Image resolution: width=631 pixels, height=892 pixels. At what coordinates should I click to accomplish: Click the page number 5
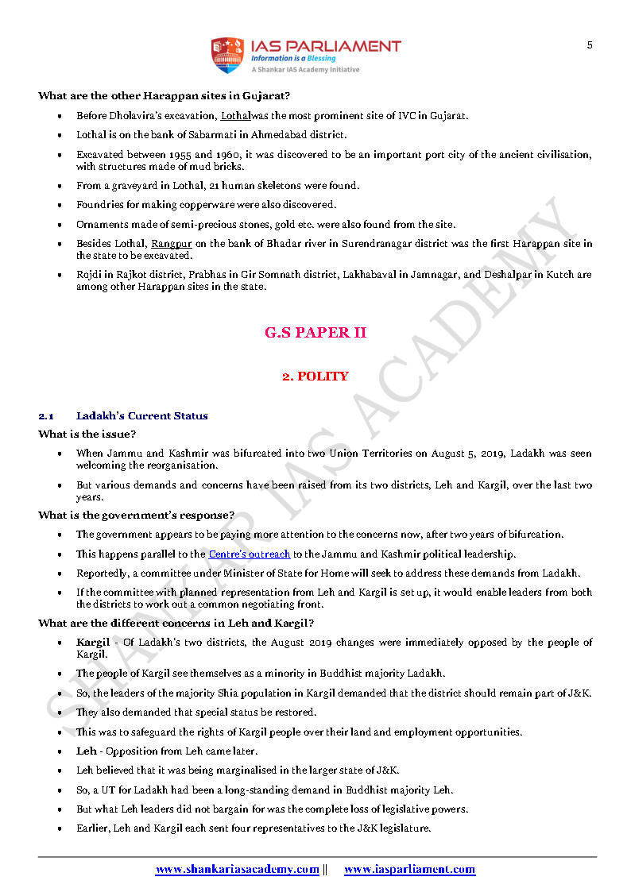pyautogui.click(x=590, y=45)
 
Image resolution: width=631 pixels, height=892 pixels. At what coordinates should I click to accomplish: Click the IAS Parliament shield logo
pyautogui.click(x=226, y=55)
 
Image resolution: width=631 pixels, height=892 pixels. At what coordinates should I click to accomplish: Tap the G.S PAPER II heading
pyautogui.click(x=315, y=333)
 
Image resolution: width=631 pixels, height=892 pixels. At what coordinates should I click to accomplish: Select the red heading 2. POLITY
pyautogui.click(x=315, y=376)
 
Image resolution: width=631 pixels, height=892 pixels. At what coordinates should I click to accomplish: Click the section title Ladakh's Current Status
pyautogui.click(x=141, y=415)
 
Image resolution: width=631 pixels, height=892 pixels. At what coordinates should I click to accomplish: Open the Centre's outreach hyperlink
pyautogui.click(x=250, y=554)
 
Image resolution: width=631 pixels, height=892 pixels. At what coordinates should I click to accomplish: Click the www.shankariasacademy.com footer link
pyautogui.click(x=237, y=870)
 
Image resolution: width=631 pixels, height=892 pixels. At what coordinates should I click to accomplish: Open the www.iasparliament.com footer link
pyautogui.click(x=409, y=870)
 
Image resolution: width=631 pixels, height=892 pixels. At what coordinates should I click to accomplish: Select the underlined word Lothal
pyautogui.click(x=235, y=116)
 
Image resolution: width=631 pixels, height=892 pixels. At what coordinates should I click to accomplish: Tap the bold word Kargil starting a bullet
pyautogui.click(x=92, y=643)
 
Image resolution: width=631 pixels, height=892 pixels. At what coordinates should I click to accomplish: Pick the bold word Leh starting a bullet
pyautogui.click(x=86, y=751)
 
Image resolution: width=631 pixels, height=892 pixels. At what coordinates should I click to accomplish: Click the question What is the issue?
pyautogui.click(x=87, y=434)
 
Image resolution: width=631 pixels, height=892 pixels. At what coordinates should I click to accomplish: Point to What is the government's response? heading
pyautogui.click(x=136, y=516)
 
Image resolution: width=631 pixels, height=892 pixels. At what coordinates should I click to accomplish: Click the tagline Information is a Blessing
pyautogui.click(x=293, y=59)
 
